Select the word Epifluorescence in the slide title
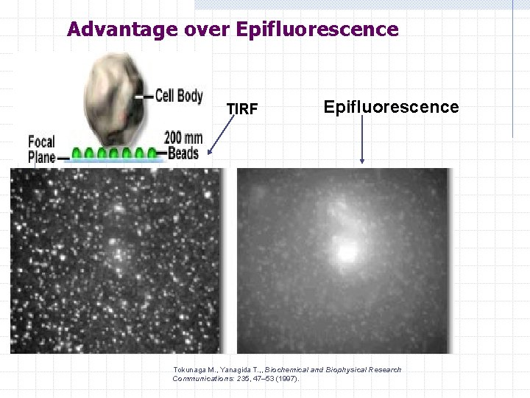(317, 29)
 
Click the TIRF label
(241, 109)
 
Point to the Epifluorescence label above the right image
(391, 107)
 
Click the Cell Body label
(179, 97)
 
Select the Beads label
(183, 153)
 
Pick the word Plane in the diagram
(42, 156)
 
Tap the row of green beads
(115, 154)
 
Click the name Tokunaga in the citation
(192, 369)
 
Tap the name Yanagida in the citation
(236, 369)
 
